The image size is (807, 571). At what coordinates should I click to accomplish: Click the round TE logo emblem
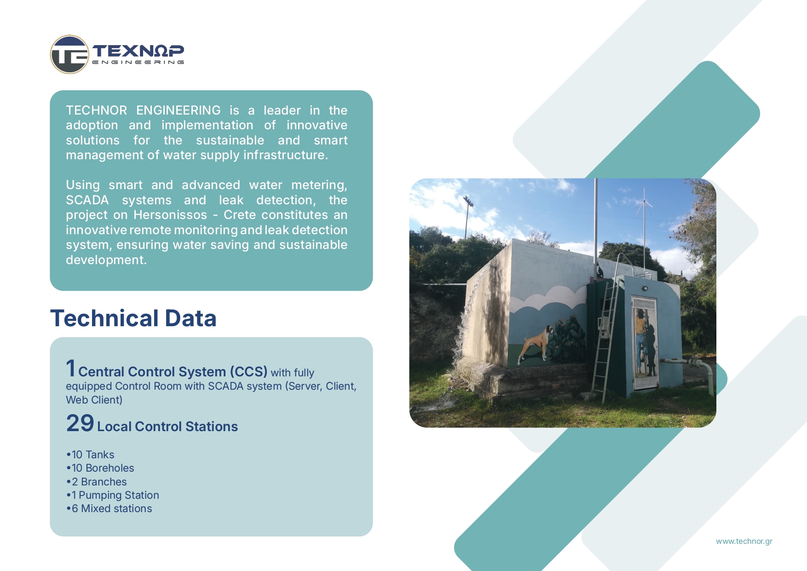pos(69,54)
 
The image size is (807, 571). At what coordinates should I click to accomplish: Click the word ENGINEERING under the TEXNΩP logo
pos(138,62)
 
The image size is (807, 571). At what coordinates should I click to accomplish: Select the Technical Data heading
pos(133,318)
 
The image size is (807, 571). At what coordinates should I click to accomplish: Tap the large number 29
pos(80,423)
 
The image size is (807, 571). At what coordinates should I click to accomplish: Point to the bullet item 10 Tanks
pos(90,455)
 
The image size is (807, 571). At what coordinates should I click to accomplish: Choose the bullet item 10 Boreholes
pos(100,468)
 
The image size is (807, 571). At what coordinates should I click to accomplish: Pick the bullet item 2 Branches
pos(97,482)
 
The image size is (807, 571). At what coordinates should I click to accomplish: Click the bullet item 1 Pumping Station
pos(113,495)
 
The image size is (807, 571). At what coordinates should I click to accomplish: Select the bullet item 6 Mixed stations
pos(109,508)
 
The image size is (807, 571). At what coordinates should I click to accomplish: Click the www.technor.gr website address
pos(744,541)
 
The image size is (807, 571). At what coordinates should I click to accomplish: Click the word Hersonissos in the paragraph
pos(170,215)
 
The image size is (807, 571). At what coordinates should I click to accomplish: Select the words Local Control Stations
pos(167,427)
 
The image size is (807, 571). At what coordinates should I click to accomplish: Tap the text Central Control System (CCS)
pos(173,372)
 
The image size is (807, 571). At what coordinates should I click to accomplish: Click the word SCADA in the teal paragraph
pos(87,200)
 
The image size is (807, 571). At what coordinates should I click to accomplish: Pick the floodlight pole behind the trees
pos(467,216)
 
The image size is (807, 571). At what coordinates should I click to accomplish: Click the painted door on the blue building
pos(645,343)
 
